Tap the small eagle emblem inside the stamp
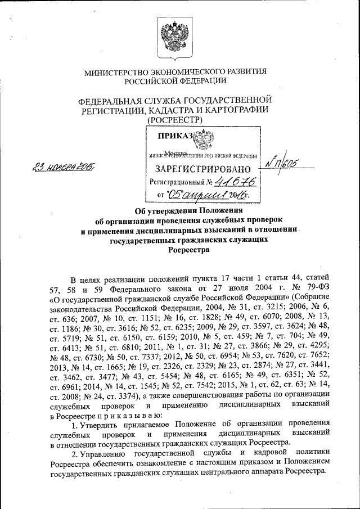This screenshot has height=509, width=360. pos(200,138)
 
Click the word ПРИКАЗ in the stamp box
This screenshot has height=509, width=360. pos(174,136)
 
